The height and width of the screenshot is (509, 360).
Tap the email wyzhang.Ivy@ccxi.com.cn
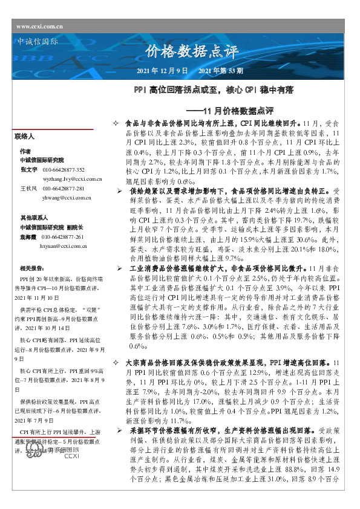point(67,179)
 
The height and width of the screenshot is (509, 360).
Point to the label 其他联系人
point(34,218)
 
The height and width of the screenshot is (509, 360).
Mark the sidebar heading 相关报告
point(32,267)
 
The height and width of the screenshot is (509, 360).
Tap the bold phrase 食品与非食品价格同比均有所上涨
point(165,123)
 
